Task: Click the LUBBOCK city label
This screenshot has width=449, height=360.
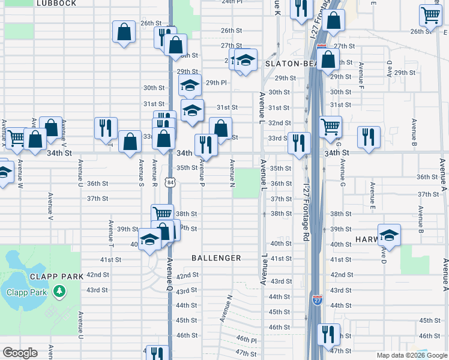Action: pyautogui.click(x=56, y=3)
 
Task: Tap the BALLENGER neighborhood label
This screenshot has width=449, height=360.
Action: pyautogui.click(x=216, y=258)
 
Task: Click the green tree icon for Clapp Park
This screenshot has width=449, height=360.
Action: pyautogui.click(x=59, y=292)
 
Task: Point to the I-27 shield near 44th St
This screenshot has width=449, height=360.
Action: pyautogui.click(x=317, y=298)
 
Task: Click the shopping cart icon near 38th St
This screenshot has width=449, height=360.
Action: pyautogui.click(x=162, y=213)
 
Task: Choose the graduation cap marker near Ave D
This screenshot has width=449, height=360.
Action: pyautogui.click(x=389, y=235)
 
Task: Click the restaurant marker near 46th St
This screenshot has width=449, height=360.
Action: pyautogui.click(x=328, y=333)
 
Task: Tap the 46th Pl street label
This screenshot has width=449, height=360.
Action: pyautogui.click(x=246, y=340)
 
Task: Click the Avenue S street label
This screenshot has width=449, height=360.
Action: pyautogui.click(x=141, y=173)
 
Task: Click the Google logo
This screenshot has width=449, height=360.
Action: pyautogui.click(x=19, y=353)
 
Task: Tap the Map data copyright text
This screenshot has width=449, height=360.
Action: pyautogui.click(x=411, y=355)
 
